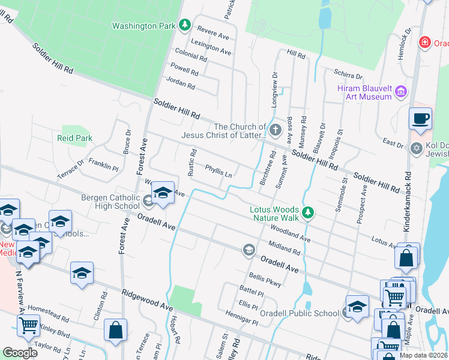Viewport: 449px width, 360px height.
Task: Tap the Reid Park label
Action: coord(74,138)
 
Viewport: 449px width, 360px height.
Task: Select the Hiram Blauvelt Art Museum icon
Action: coord(401,92)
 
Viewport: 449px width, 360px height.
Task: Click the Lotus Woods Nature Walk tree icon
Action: coord(308,212)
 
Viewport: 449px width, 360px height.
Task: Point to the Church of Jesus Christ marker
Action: coord(275,130)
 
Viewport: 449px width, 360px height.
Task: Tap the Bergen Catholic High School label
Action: coord(110,202)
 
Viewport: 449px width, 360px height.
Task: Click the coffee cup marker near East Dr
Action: coord(420,118)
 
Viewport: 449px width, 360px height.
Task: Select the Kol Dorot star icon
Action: coord(415,148)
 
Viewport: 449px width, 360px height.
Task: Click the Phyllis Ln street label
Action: coord(218,172)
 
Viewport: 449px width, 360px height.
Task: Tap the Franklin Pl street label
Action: coord(103,165)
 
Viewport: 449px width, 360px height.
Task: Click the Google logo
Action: coord(20,353)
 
